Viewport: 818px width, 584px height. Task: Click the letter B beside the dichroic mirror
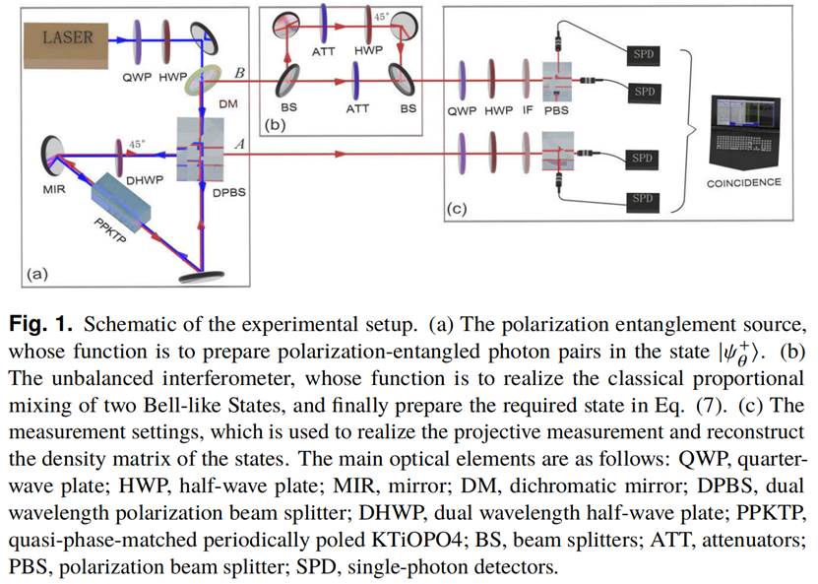pos(239,73)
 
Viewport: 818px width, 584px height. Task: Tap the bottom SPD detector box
pos(641,200)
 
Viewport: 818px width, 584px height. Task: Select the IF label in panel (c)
pos(529,111)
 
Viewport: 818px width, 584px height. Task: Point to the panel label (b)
pos(275,125)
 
